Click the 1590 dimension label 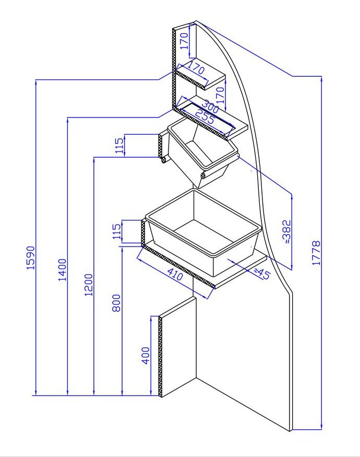(31, 257)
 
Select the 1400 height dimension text (63, 269)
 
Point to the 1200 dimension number (89, 285)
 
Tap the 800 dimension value (116, 303)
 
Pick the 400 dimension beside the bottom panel (146, 355)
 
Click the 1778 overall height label (316, 253)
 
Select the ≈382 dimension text (286, 232)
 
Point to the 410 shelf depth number (175, 274)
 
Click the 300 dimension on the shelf (210, 107)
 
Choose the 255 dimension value (205, 116)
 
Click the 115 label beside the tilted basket (119, 146)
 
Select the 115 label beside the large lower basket (116, 231)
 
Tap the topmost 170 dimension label (184, 41)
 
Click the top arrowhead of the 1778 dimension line (321, 79)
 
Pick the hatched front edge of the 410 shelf (178, 266)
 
